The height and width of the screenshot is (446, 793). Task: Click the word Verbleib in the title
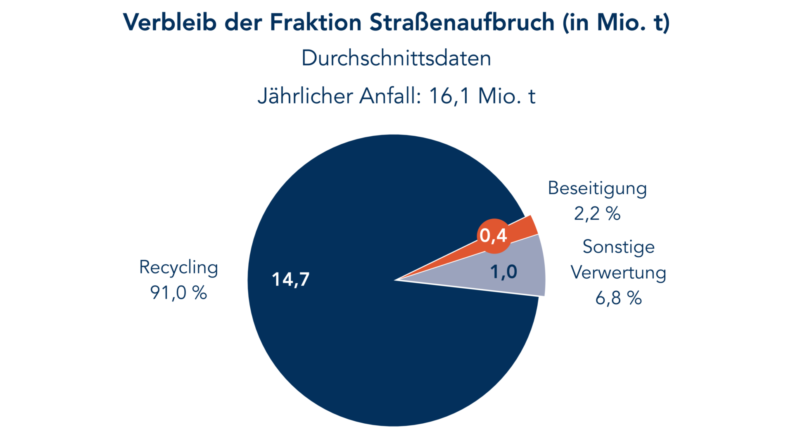click(x=169, y=22)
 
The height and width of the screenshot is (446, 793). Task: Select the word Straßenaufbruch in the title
click(x=462, y=22)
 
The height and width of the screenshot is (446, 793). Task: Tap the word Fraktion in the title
click(x=316, y=22)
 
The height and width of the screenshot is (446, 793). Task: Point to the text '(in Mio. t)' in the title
click(x=616, y=23)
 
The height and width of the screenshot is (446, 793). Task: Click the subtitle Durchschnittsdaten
click(x=396, y=58)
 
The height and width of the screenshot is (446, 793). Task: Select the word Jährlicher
click(x=305, y=96)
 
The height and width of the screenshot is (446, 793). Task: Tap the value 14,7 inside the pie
click(x=291, y=280)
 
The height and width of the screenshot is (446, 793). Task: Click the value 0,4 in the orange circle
click(x=494, y=236)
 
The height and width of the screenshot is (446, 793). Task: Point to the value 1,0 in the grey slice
click(x=503, y=272)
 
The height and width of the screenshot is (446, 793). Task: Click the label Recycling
click(x=178, y=268)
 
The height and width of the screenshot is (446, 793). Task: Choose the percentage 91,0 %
click(x=178, y=293)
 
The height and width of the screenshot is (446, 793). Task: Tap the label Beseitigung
click(x=597, y=188)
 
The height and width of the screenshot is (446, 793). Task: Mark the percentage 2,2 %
click(x=597, y=214)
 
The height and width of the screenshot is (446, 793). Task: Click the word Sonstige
click(x=618, y=247)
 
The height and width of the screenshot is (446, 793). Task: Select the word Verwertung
click(x=618, y=273)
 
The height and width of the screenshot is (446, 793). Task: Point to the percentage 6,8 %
click(x=618, y=298)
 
